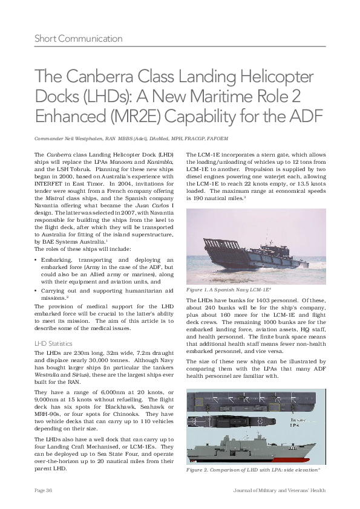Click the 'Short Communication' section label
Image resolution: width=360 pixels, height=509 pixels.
coord(79,39)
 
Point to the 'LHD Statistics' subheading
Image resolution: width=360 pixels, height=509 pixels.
coord(53,343)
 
